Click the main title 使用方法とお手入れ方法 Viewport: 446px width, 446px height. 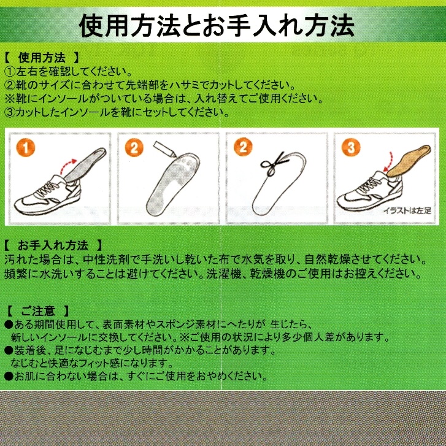click(x=217, y=26)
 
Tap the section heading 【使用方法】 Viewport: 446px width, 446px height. click(x=42, y=58)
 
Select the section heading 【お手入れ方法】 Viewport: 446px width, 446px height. click(x=53, y=245)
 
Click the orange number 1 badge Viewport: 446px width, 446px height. click(x=26, y=148)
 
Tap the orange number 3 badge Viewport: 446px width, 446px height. click(x=351, y=147)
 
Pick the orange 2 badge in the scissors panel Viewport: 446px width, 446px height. click(x=242, y=147)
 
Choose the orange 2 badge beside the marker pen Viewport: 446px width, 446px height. click(x=134, y=148)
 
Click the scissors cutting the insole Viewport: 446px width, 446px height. click(x=274, y=164)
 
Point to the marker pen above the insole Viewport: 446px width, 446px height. click(x=164, y=148)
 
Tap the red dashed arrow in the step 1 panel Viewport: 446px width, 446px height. click(x=68, y=166)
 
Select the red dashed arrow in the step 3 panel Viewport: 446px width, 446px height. click(x=388, y=161)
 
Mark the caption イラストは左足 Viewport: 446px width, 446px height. click(x=407, y=211)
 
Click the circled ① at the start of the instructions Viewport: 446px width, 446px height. click(x=10, y=71)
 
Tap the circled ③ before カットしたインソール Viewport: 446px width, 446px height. click(x=10, y=112)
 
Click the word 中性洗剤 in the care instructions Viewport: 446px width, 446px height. click(x=105, y=260)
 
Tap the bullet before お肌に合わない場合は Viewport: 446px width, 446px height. click(x=9, y=377)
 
